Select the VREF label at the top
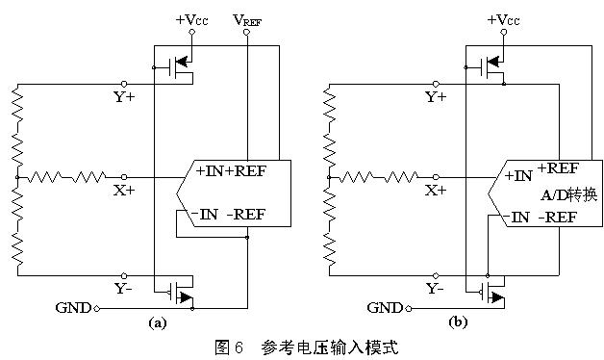click(247, 19)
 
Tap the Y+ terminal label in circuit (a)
click(124, 96)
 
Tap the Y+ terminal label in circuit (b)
click(436, 96)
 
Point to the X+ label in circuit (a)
click(124, 191)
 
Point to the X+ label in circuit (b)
click(436, 191)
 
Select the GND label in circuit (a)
click(73, 308)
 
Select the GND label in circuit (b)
click(387, 308)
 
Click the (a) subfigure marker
click(157, 324)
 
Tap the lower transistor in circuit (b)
click(491, 290)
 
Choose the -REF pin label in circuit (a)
click(251, 214)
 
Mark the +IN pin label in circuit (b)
click(518, 176)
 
